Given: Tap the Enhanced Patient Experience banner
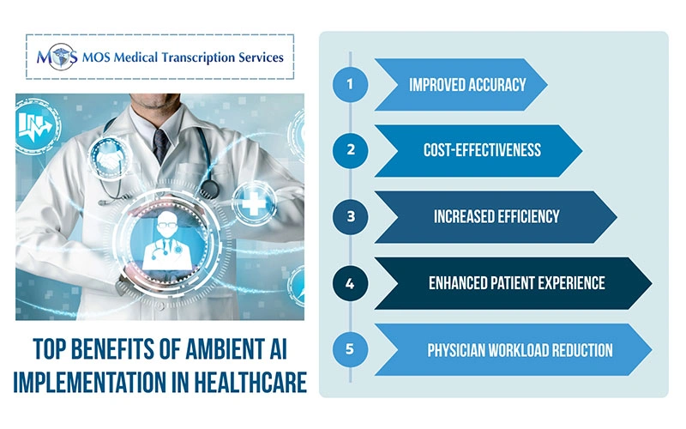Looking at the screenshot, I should tap(514, 283).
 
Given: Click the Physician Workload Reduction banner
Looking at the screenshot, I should tap(514, 350).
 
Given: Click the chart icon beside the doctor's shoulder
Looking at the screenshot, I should tap(33, 129).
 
